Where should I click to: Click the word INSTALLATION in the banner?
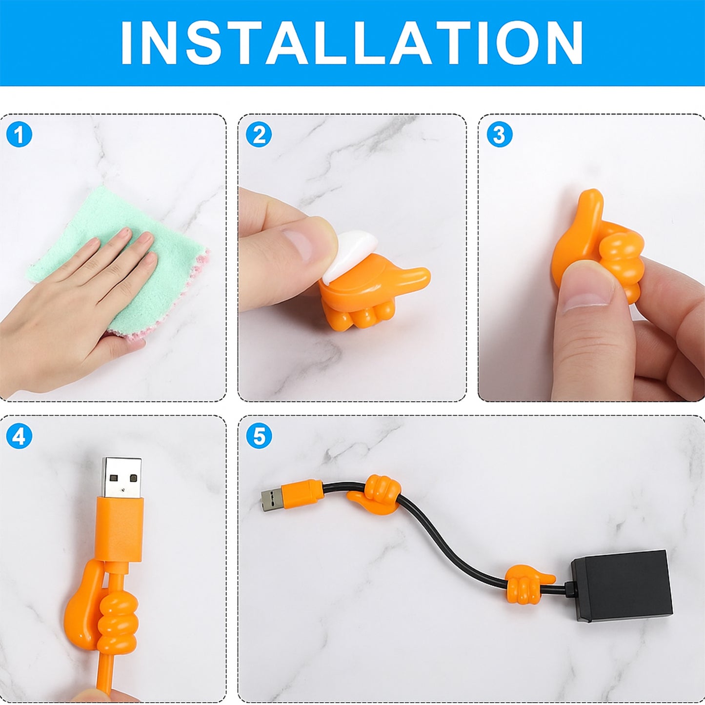coord(352,43)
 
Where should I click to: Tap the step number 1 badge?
coord(19,134)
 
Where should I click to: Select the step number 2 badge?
coord(259,134)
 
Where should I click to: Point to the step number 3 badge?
coord(499,134)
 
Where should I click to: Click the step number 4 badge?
coord(19,436)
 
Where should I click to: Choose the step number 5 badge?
coord(259,436)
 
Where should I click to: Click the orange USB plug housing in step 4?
coord(120,529)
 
